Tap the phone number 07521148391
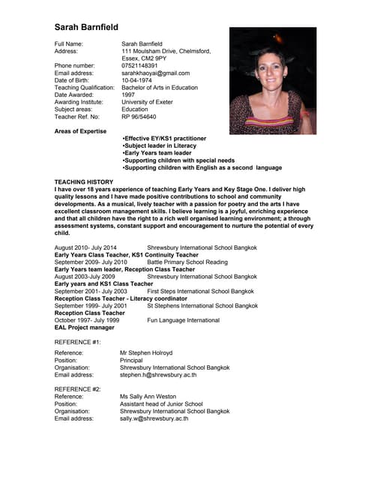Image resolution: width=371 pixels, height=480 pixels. (x=139, y=65)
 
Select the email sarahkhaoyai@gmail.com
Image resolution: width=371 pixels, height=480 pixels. (x=155, y=73)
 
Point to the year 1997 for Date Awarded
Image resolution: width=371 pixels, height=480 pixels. (x=128, y=95)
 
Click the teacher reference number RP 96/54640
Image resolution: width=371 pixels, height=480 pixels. (x=139, y=117)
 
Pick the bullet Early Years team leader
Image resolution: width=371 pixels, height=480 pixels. (x=157, y=153)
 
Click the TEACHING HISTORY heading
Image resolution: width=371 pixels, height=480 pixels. (x=84, y=182)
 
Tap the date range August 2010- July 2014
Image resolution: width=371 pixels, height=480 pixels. (x=85, y=247)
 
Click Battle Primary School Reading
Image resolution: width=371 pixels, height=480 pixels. (x=187, y=262)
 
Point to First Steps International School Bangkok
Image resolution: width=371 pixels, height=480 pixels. (x=200, y=291)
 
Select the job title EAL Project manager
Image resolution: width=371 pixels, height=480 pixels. (x=85, y=327)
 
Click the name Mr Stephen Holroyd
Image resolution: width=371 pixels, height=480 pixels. (x=146, y=352)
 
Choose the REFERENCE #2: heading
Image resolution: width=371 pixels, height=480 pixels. (x=78, y=389)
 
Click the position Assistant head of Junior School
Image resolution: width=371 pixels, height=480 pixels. (x=161, y=403)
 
